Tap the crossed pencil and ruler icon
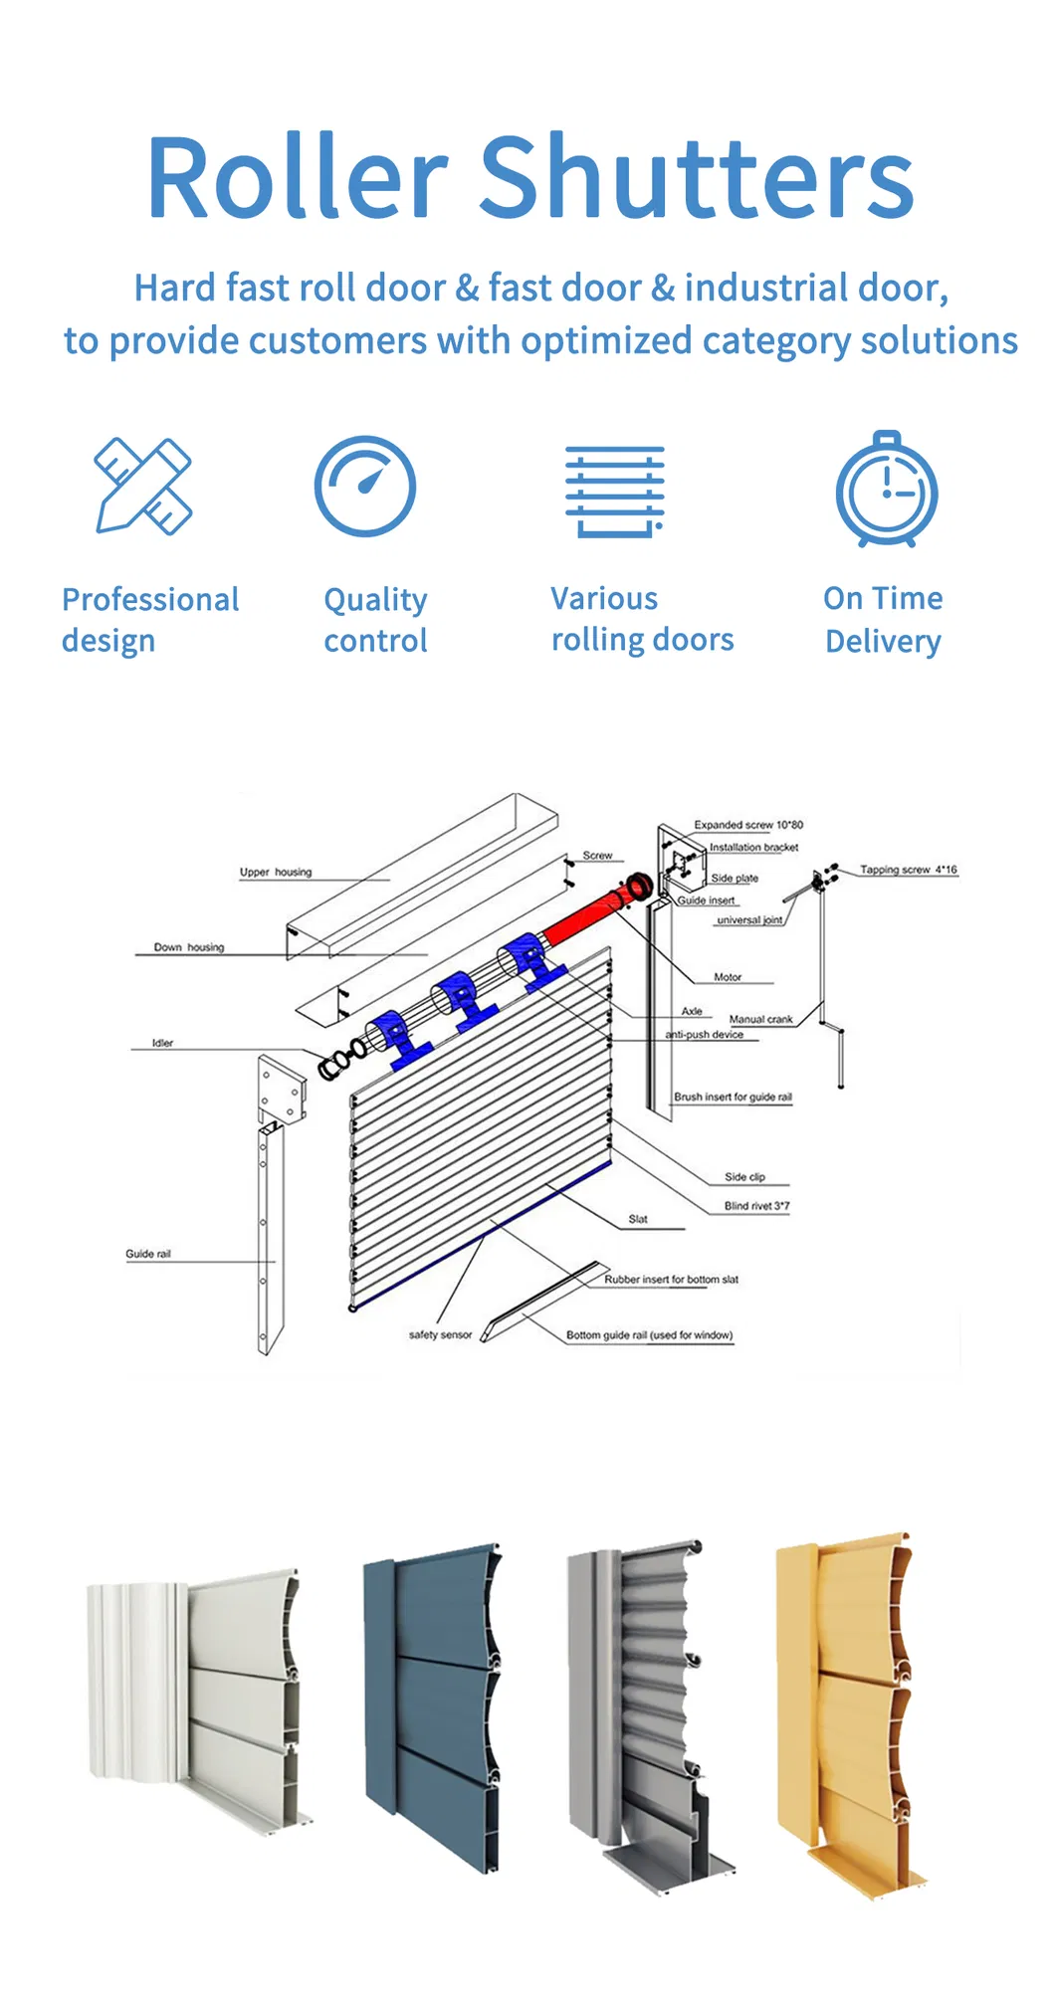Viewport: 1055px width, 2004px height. coord(143,487)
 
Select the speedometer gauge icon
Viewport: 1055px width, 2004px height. coord(365,487)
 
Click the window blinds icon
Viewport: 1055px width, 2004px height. coord(615,492)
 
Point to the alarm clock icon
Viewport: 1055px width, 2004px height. coord(886,490)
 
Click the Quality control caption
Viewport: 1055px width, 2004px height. coord(375,620)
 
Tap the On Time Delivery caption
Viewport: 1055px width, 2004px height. coord(883,620)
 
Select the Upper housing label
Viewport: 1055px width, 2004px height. coord(276,873)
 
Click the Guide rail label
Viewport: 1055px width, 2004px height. coord(148,1254)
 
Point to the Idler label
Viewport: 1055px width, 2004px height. coord(162,1043)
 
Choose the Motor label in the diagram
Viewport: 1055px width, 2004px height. coord(728,977)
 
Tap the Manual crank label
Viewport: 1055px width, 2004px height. coord(760,1019)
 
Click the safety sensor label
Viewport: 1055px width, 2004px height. coord(440,1334)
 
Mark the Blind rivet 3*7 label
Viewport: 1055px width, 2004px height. coord(756,1206)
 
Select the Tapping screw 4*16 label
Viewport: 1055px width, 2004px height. coord(908,870)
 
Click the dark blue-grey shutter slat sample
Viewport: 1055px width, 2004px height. coord(433,1702)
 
